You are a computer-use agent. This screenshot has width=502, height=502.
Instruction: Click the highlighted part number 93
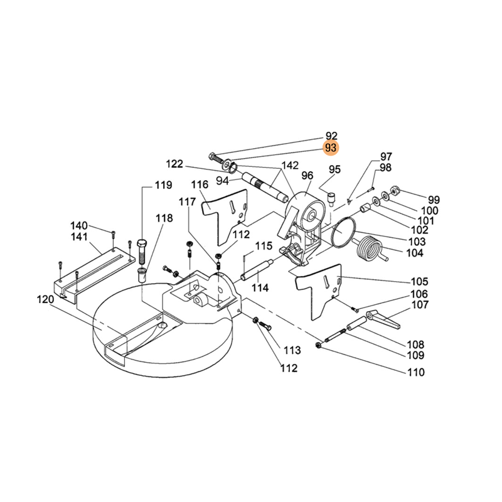click(331, 147)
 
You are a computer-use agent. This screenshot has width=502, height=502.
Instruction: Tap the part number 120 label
click(45, 300)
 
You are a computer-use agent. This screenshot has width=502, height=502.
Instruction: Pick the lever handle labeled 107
click(383, 319)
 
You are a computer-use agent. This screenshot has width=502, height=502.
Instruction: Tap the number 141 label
click(79, 237)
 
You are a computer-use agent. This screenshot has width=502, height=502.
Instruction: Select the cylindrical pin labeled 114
click(257, 270)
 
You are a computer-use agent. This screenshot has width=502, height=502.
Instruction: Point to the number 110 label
click(416, 372)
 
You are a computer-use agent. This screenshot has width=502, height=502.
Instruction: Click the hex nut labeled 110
click(319, 345)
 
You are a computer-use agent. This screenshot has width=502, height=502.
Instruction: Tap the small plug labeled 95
click(331, 198)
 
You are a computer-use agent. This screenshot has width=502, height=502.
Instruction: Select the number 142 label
click(290, 165)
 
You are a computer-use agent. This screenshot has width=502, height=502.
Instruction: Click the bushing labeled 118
click(142, 275)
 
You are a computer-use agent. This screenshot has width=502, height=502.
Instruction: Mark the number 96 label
click(307, 176)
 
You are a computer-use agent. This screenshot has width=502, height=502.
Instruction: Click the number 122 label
click(174, 164)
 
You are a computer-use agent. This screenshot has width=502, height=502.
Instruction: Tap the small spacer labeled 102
click(365, 209)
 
